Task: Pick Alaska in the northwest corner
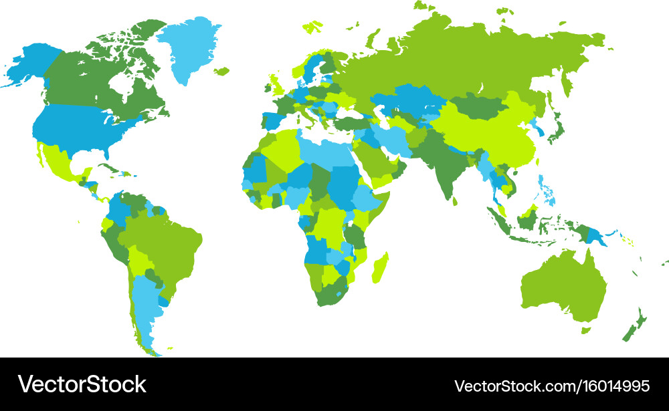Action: point(30,63)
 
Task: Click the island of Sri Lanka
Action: point(455,199)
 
